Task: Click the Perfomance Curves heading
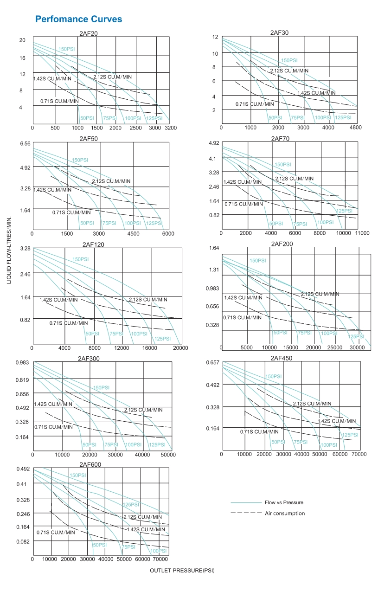(78, 19)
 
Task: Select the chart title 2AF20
(88, 33)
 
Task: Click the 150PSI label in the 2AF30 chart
(289, 60)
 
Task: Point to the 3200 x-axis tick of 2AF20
(170, 127)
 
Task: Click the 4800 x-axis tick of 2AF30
(355, 127)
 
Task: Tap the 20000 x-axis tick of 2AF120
(180, 347)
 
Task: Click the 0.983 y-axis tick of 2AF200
(211, 289)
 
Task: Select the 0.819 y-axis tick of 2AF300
(22, 379)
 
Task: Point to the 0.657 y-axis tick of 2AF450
(212, 362)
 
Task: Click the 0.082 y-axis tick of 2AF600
(23, 542)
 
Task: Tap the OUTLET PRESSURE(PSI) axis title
(182, 571)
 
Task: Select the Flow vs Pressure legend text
(284, 502)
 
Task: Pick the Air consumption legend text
(285, 513)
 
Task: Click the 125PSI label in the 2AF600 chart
(131, 504)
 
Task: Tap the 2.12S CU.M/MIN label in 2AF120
(148, 300)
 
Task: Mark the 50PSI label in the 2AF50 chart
(87, 223)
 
